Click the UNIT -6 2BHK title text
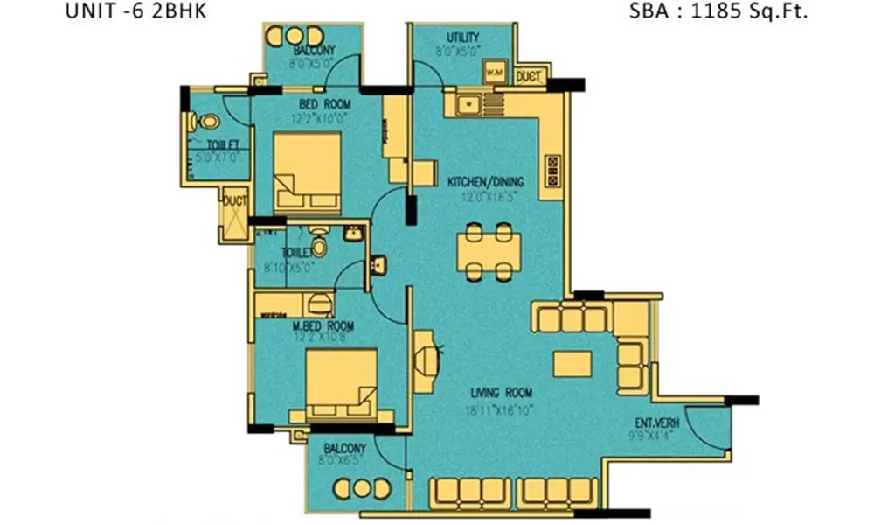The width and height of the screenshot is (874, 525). point(135,12)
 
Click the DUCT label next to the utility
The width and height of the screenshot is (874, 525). point(528,77)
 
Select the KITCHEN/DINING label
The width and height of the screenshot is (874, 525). point(485,182)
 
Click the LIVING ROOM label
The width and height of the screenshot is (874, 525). point(500,393)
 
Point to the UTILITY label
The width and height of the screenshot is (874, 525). point(462,38)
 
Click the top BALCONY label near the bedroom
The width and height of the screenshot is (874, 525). point(310,51)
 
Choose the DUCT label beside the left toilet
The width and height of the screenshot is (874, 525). point(234,200)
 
